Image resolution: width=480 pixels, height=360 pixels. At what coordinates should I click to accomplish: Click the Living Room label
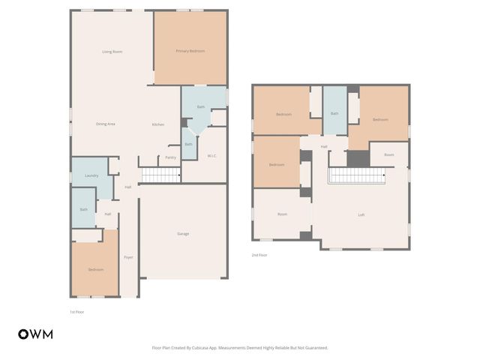pyautogui.click(x=112, y=52)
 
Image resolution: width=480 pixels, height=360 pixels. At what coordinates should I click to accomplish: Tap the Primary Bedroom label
pyautogui.click(x=190, y=51)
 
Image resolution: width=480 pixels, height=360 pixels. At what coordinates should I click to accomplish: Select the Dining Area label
pyautogui.click(x=105, y=124)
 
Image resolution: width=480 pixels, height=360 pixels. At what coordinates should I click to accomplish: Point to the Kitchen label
pyautogui.click(x=158, y=124)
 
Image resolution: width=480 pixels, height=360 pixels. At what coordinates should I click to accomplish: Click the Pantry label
pyautogui.click(x=170, y=157)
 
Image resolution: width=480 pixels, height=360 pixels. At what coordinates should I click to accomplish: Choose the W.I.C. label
pyautogui.click(x=212, y=156)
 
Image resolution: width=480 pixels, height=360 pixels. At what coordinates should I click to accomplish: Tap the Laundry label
pyautogui.click(x=91, y=175)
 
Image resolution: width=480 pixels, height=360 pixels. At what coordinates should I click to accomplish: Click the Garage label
pyautogui.click(x=183, y=234)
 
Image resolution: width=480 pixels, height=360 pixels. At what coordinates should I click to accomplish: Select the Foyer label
pyautogui.click(x=128, y=257)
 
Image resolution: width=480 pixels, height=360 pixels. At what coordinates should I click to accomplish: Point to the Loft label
pyautogui.click(x=361, y=215)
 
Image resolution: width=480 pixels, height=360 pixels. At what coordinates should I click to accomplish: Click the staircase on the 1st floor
pyautogui.click(x=161, y=175)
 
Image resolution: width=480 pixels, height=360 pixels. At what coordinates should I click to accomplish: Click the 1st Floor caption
pyautogui.click(x=77, y=311)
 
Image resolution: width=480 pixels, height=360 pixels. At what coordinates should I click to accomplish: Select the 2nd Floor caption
pyautogui.click(x=259, y=255)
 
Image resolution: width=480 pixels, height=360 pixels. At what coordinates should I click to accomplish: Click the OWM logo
pyautogui.click(x=35, y=334)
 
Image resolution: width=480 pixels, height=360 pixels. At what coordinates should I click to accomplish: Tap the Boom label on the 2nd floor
pyautogui.click(x=388, y=155)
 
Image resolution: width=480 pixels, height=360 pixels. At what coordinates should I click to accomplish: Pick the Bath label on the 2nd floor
pyautogui.click(x=334, y=114)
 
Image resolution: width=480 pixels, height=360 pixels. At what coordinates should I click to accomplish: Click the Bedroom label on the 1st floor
pyautogui.click(x=95, y=270)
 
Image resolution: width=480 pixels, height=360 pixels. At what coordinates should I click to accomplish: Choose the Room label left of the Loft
pyautogui.click(x=282, y=214)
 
